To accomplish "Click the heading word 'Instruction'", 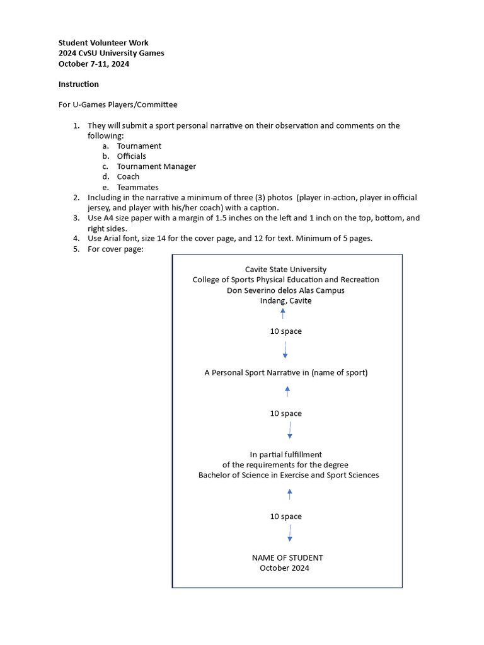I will (79, 84).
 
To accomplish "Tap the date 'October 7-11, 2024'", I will (94, 64).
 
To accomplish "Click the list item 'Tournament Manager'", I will (156, 166).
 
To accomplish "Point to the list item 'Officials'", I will (131, 156).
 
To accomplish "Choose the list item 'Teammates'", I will (137, 187).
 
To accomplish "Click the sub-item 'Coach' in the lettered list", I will (128, 177).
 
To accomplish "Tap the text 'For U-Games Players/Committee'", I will (118, 105).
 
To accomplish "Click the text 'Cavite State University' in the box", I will (285, 270).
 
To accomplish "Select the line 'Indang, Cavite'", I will (285, 300).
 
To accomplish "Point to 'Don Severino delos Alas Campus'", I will (285, 290).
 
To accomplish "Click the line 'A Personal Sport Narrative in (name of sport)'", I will (285, 372).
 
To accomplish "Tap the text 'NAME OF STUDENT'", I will (287, 557).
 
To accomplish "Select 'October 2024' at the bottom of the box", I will (284, 568).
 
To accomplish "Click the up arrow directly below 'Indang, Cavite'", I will (283, 313).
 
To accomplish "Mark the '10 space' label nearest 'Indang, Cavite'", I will (285, 331).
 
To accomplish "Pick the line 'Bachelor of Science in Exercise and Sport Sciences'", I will (289, 475).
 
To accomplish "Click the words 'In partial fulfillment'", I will (285, 455).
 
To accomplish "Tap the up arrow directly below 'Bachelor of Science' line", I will (289, 494).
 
